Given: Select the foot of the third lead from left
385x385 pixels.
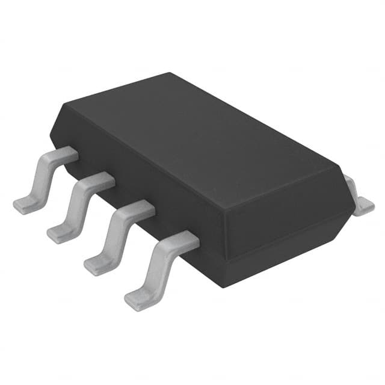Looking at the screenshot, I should (x=96, y=263).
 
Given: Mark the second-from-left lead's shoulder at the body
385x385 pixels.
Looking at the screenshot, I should (x=103, y=180).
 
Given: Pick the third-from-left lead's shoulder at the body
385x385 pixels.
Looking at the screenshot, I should (x=141, y=209).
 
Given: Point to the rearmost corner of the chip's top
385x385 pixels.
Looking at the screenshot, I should (x=170, y=73).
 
